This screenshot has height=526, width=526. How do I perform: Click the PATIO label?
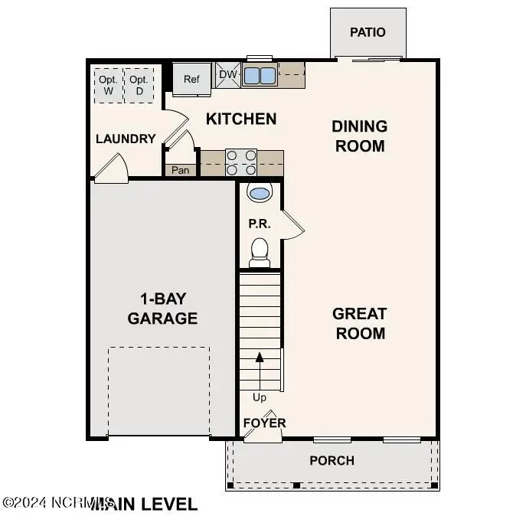(x=368, y=32)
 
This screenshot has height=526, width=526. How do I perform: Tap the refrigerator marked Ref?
(x=191, y=79)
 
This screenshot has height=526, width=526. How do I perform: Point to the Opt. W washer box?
(x=108, y=86)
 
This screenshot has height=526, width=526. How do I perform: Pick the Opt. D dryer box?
(x=139, y=86)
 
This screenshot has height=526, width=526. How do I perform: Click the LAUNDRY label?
(x=126, y=139)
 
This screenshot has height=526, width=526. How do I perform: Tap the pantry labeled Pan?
(x=180, y=170)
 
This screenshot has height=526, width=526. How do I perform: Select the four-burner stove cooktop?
(x=240, y=162)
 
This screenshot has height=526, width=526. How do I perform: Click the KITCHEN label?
(x=241, y=119)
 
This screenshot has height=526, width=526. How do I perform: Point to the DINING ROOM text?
(x=359, y=136)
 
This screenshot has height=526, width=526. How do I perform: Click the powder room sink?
(x=260, y=192)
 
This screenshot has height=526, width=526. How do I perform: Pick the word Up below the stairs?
(x=260, y=397)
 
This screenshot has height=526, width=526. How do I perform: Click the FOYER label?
(x=264, y=423)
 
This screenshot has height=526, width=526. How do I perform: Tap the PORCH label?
(x=332, y=460)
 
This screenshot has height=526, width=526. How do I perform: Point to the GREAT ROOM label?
(x=359, y=323)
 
